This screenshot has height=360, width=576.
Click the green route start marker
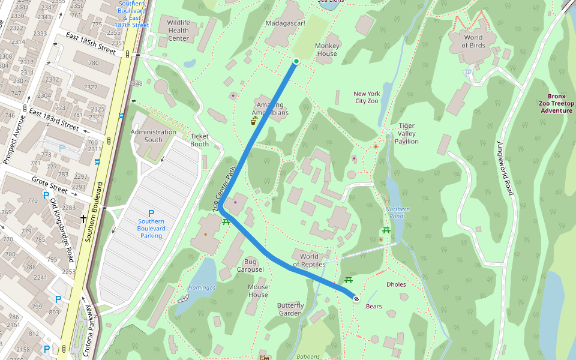coord(296,61)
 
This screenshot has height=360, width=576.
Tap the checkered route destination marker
coord(356,298)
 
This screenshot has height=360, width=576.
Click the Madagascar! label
coord(285,23)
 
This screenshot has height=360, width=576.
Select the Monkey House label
coord(327,49)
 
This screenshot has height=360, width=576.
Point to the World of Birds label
coord(473,41)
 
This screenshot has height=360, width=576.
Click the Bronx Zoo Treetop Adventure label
coord(556,103)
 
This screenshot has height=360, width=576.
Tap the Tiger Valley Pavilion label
coord(407,134)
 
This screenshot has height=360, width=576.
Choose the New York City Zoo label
coord(367,97)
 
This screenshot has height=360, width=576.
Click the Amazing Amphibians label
coord(269,109)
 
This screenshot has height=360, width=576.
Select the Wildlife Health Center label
coord(178,31)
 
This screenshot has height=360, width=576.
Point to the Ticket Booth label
coord(199,140)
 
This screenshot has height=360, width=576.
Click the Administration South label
coord(154,136)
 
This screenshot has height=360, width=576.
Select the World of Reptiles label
coord(309,260)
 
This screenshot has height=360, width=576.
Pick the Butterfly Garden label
coord(290,310)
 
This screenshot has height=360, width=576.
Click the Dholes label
coord(396,284)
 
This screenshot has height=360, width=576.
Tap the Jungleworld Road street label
coord(504,168)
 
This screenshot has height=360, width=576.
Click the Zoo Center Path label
coord(223,188)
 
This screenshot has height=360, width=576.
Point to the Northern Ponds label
coord(398,212)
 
